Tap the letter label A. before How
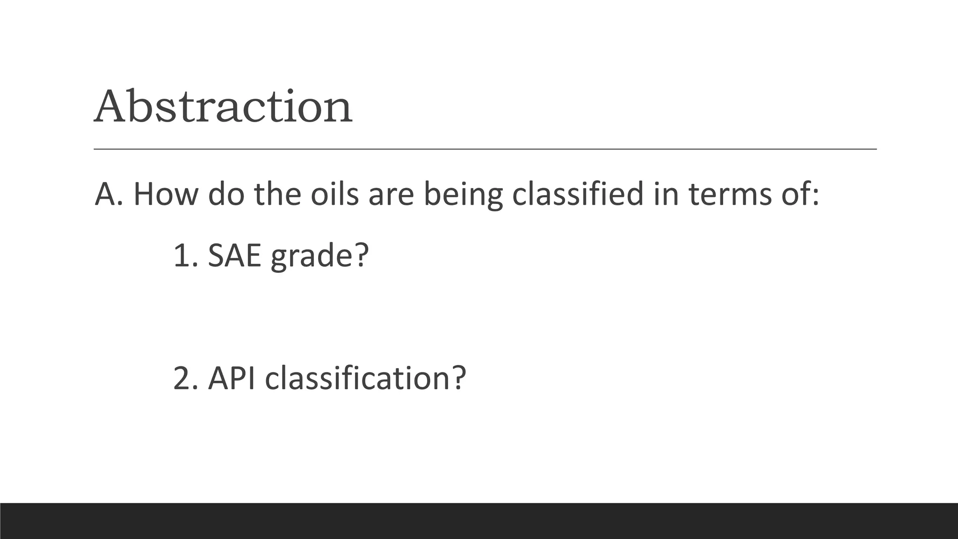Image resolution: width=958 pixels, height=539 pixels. coord(109,194)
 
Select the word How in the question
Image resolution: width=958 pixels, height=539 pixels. coord(166,194)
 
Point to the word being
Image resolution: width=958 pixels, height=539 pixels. coord(463,195)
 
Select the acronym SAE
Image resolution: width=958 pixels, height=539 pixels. coord(234,255)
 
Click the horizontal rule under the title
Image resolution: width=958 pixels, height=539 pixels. coord(485,149)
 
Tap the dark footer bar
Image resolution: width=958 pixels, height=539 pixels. coord(479,521)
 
